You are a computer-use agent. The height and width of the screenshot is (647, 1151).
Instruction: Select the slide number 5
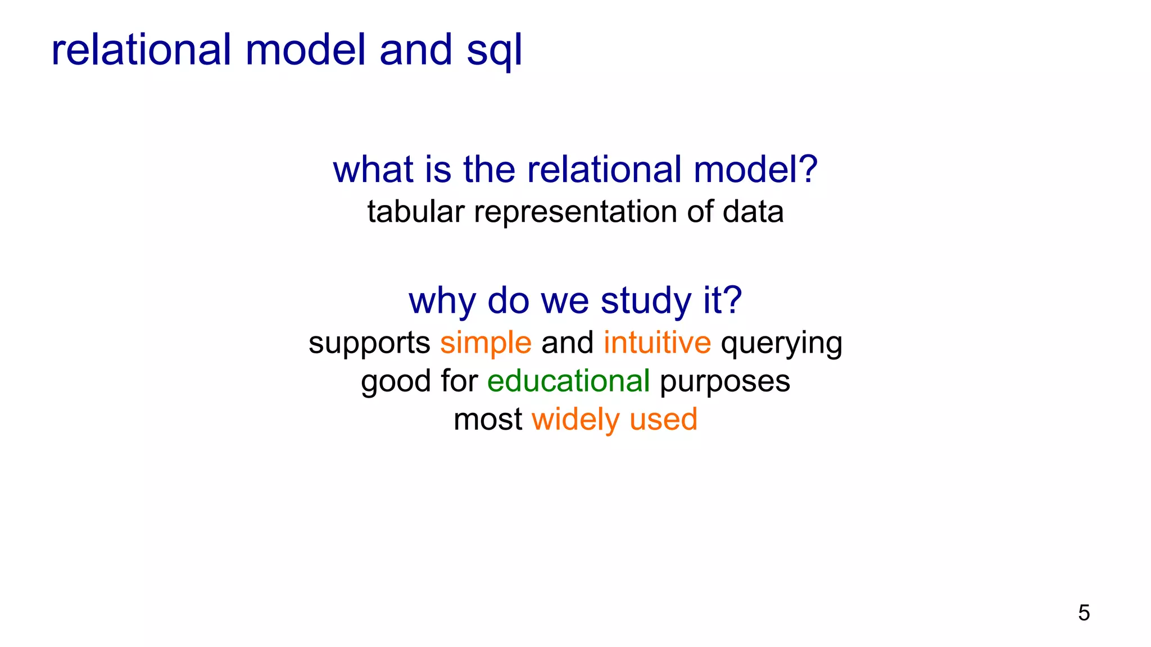pyautogui.click(x=1084, y=613)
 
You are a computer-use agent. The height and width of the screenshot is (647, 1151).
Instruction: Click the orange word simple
pyautogui.click(x=486, y=343)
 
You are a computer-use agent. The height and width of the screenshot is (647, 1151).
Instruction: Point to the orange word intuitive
pyautogui.click(x=657, y=343)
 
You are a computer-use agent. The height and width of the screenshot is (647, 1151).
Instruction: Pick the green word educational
pyautogui.click(x=568, y=381)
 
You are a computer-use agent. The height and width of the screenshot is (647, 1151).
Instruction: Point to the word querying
pyautogui.click(x=781, y=344)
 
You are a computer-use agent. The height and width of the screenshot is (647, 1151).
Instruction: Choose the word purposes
pyautogui.click(x=724, y=382)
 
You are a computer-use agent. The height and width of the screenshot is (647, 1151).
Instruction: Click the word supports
pyautogui.click(x=369, y=344)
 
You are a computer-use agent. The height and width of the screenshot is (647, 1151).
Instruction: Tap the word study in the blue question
pyautogui.click(x=646, y=301)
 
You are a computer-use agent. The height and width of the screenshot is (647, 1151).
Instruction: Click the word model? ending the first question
pyautogui.click(x=755, y=170)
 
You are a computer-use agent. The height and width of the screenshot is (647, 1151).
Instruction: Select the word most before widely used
pyautogui.click(x=488, y=420)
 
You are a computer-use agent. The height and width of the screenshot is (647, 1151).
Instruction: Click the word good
pyautogui.click(x=396, y=382)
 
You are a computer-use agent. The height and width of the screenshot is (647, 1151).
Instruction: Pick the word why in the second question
pyautogui.click(x=442, y=301)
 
